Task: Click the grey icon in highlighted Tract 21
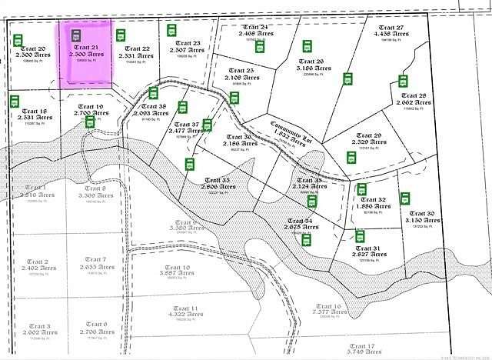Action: click(75, 36)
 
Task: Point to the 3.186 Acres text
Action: click(312, 68)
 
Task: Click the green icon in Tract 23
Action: click(172, 30)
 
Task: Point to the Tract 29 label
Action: click(367, 135)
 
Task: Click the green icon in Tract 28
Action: click(402, 81)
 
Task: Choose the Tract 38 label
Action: click(152, 107)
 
